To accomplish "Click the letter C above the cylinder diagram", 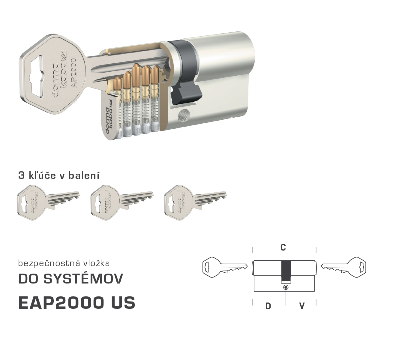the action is [283, 247].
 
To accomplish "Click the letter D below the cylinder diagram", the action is [268, 306].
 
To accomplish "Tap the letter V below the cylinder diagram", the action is [302, 306].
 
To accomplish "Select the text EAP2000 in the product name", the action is [61, 302].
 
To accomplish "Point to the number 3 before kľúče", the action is [21, 175].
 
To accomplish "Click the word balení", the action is [84, 175].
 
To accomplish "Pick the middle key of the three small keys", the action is [122, 202].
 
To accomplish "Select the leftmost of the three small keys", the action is [49, 202].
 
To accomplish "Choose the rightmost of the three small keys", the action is [195, 202].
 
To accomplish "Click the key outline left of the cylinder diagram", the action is [225, 267].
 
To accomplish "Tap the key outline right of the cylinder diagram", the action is [343, 267].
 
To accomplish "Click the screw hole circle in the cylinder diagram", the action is [286, 287].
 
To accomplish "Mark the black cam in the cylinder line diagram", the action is [286, 271].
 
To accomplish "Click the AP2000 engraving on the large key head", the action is [74, 73].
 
